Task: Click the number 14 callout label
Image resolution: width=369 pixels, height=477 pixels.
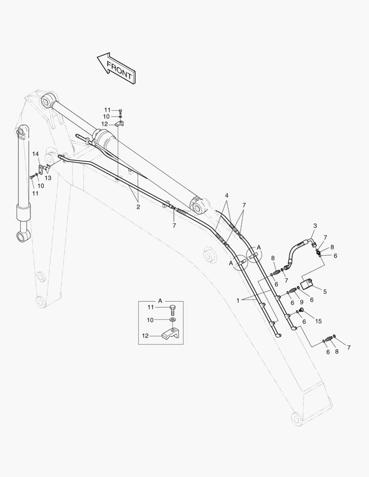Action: pos(36,154)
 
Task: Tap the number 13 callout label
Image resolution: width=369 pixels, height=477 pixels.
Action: pos(48,178)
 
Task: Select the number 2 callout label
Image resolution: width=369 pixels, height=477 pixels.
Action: pos(138,207)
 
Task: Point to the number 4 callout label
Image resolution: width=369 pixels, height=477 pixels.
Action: pos(227,195)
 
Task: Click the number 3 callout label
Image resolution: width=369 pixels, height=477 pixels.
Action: pos(315,226)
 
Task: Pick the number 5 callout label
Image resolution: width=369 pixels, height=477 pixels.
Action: pos(325,291)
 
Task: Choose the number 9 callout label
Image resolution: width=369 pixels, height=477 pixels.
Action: pos(301,303)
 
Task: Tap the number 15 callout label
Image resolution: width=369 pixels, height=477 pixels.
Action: pos(318,321)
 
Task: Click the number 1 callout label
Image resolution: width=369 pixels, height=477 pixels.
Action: pos(238,301)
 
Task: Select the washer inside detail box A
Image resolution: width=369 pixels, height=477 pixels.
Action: pos(173,320)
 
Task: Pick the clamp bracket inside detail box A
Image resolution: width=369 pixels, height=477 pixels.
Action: pos(171,335)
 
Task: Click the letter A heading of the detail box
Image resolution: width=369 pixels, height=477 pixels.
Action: pos(160,301)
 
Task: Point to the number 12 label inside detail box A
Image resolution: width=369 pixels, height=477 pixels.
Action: pos(145,336)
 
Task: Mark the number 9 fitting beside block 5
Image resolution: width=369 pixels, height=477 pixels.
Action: pos(293,291)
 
